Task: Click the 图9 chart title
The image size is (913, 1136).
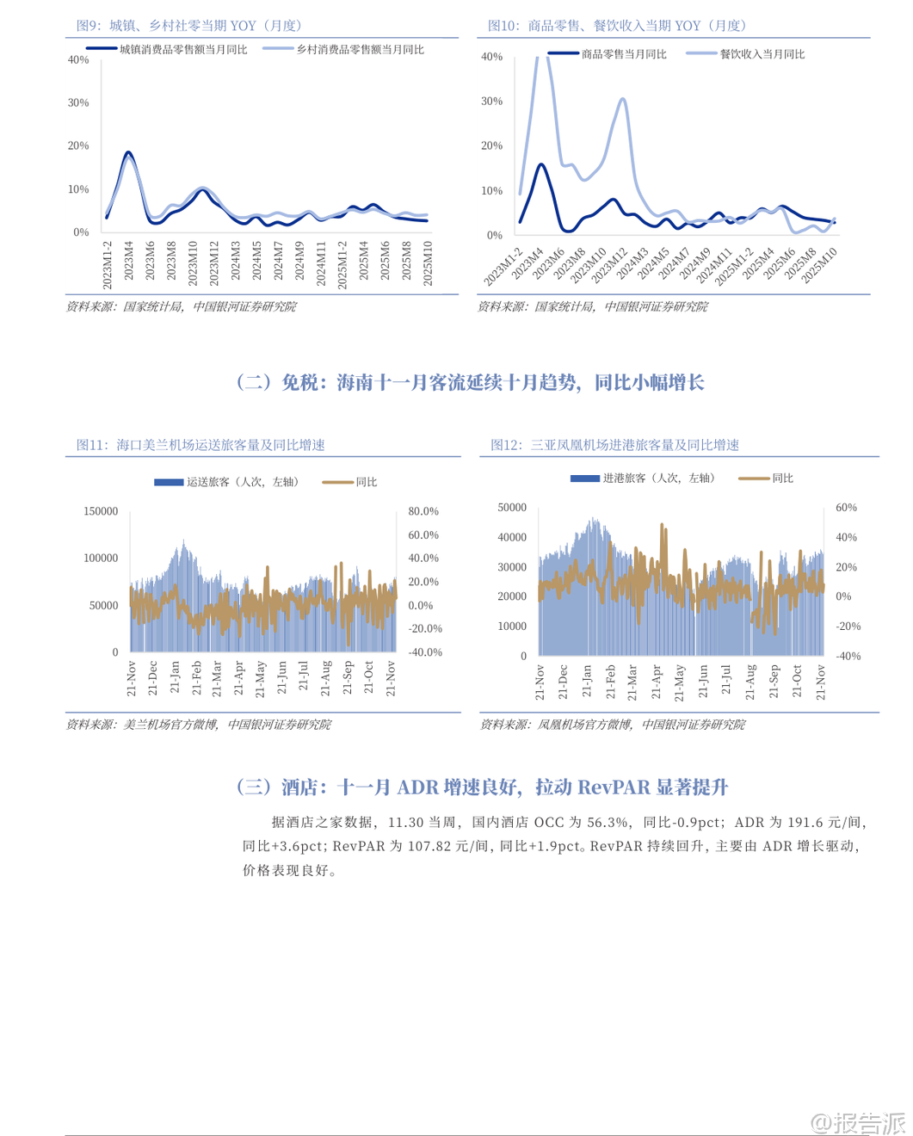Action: [x=188, y=26]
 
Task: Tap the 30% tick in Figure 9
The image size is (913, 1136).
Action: [x=78, y=102]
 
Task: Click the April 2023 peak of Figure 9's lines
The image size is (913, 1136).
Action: [x=128, y=153]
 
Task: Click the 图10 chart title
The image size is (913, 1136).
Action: [x=616, y=26]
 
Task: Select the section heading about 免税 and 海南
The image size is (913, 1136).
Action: [x=470, y=382]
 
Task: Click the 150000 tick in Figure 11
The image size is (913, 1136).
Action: [x=101, y=511]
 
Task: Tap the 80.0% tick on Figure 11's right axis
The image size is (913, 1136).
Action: [x=423, y=511]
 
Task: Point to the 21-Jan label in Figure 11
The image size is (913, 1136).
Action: [x=175, y=677]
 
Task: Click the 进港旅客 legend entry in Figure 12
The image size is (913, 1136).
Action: [x=657, y=478]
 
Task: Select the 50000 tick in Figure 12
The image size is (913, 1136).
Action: [x=512, y=508]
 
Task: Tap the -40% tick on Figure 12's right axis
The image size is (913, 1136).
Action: [x=848, y=656]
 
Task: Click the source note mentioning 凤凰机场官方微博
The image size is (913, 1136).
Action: [x=613, y=725]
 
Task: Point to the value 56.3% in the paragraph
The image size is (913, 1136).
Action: [x=608, y=823]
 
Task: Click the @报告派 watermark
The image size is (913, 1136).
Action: [x=859, y=1122]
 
